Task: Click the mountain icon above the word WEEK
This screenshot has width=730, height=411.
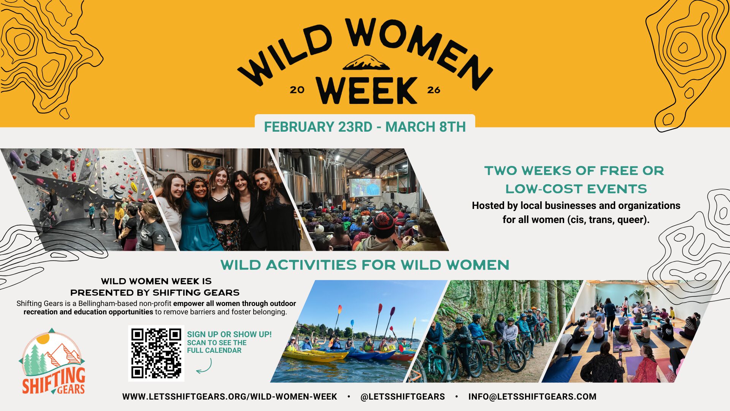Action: click(366, 63)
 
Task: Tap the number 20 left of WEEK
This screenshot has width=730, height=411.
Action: click(297, 90)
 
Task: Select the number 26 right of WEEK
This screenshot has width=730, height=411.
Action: click(433, 90)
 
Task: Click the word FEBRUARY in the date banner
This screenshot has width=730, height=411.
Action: click(299, 127)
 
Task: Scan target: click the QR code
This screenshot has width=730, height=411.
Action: click(156, 353)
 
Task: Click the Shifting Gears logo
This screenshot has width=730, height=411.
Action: click(52, 362)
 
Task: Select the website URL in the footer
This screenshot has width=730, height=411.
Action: click(230, 397)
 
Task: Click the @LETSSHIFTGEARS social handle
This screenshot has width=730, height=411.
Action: click(403, 397)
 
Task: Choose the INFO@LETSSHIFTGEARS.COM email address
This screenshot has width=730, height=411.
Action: click(532, 397)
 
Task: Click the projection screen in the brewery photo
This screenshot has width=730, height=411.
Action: click(365, 187)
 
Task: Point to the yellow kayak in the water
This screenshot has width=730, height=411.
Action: click(315, 355)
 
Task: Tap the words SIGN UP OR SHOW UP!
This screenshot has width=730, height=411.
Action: click(229, 334)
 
